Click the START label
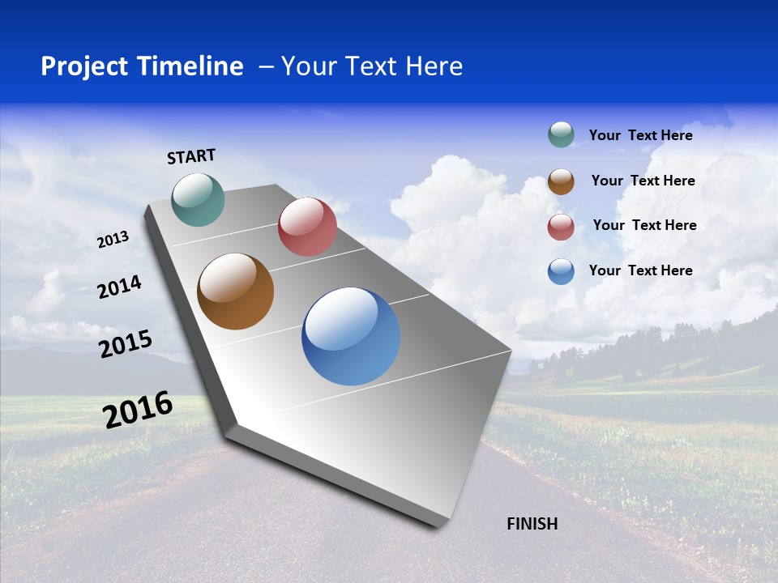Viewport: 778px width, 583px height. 191,156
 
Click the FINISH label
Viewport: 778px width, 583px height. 532,524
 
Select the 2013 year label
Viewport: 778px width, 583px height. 113,239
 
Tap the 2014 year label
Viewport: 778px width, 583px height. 119,287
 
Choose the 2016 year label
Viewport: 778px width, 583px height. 138,409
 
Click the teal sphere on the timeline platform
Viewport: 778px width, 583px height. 198,199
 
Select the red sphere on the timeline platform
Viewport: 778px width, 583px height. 307,227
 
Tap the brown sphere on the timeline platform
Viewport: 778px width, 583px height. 236,291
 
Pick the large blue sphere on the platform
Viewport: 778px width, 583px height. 351,336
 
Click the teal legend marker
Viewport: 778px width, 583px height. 561,134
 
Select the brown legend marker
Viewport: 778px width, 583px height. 561,181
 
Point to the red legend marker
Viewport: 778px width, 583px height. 561,227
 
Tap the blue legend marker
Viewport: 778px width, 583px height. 561,271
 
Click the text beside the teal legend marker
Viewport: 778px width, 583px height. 640,135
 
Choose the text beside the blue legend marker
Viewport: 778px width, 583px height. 640,270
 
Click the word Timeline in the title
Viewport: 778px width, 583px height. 191,66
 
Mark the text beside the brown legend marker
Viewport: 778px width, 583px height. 643,181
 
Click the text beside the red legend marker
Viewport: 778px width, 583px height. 644,225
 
